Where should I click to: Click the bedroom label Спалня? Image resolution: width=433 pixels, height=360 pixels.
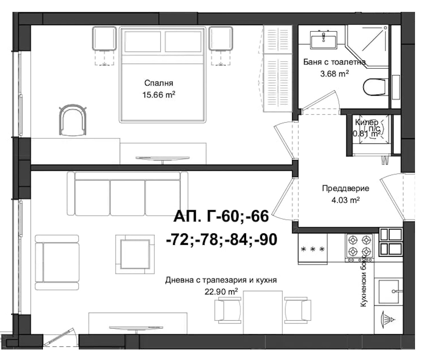[159, 83]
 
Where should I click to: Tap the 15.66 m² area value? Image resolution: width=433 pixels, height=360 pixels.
[159, 95]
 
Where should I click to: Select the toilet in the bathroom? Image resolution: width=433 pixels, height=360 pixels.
[376, 87]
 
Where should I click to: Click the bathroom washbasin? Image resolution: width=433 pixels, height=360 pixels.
[323, 38]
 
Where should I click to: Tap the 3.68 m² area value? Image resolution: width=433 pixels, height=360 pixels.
[334, 73]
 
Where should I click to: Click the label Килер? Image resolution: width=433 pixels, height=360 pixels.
[366, 122]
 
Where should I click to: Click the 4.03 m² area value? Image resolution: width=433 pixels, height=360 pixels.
[345, 200]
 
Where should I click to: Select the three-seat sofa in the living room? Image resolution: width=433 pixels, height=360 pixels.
[127, 194]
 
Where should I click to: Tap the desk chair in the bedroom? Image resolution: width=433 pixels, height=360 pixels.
[73, 120]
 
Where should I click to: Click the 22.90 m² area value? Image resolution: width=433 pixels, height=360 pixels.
[221, 292]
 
